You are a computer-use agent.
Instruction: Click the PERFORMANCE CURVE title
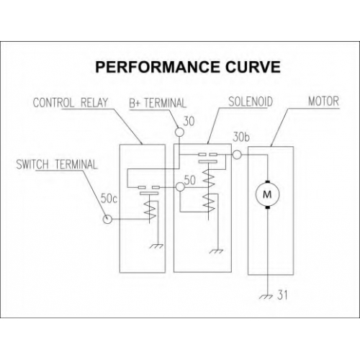tap(188, 67)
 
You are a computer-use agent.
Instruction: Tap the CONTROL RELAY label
tap(71, 103)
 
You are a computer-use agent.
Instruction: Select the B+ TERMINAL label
tap(158, 103)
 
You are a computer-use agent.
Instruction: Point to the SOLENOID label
tap(251, 102)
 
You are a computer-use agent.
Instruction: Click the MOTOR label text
tap(323, 102)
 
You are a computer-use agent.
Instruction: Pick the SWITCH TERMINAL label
tap(57, 165)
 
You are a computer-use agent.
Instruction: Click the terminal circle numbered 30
tap(179, 132)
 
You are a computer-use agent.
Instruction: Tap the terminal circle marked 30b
tap(237, 155)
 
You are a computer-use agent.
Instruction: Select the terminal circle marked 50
tap(180, 187)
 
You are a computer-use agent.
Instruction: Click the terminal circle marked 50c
tap(107, 219)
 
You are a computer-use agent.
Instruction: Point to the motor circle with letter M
tap(267, 194)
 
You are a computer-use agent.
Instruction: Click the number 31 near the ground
tap(282, 295)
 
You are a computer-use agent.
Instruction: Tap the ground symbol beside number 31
tap(266, 297)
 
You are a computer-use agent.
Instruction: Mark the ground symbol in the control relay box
tap(156, 246)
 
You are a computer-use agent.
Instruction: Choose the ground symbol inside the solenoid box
tap(216, 251)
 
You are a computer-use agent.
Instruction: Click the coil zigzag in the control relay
tap(150, 209)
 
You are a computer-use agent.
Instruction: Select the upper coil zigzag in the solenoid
tap(209, 178)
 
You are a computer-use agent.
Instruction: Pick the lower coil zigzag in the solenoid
tap(209, 203)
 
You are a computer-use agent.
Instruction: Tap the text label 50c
tap(109, 199)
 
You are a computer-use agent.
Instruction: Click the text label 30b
tap(241, 137)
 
